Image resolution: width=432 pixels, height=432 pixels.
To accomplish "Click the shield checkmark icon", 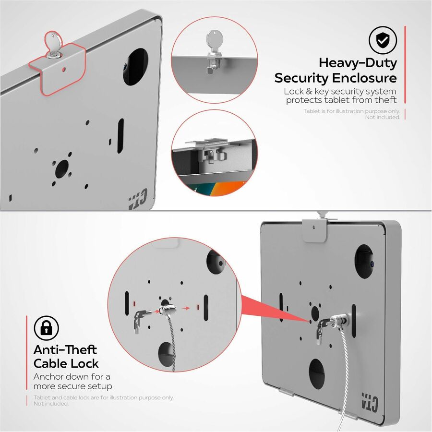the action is [x=383, y=40].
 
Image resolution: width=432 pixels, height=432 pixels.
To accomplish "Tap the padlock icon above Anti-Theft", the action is [x=46, y=328].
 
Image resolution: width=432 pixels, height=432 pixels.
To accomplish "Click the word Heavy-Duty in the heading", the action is [x=358, y=63].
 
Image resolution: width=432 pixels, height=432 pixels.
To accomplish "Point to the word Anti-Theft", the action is [x=65, y=350].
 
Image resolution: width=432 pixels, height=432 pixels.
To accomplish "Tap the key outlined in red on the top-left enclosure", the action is [x=53, y=45].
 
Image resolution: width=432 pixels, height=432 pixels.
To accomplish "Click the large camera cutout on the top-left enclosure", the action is [x=135, y=67].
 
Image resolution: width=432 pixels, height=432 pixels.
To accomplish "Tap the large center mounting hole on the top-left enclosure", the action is [x=62, y=169].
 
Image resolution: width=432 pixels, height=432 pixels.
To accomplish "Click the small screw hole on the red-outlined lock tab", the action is [x=64, y=69].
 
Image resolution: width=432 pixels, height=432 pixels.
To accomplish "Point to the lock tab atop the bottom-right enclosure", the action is [x=314, y=230].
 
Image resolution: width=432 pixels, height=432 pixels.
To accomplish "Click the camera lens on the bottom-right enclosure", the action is [x=372, y=264].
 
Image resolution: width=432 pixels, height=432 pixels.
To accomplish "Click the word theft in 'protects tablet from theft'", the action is [x=386, y=100].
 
